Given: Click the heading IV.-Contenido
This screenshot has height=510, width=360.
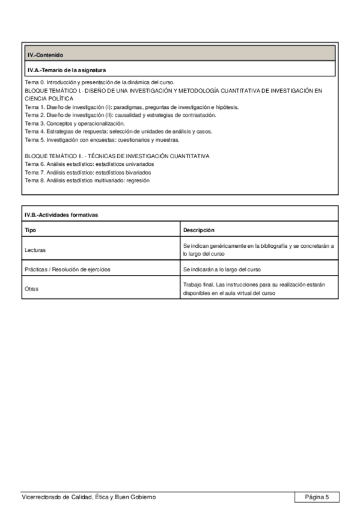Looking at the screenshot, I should point(45,55).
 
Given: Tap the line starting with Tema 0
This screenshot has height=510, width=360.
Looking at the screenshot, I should point(99,82).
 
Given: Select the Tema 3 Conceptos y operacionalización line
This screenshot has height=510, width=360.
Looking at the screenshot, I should point(75,123).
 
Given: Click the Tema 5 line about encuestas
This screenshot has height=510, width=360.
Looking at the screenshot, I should point(102,140).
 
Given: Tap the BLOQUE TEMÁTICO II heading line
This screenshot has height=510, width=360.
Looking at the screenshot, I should point(117,156).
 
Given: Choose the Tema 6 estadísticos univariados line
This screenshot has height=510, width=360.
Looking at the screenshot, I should point(89,164).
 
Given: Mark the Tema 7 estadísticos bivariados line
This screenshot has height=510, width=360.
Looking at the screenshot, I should point(88,172).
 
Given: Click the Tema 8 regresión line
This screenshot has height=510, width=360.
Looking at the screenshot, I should point(87,180).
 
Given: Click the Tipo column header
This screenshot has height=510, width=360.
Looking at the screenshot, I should point(30,230).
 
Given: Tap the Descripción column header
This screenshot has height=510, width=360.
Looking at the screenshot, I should point(199,230).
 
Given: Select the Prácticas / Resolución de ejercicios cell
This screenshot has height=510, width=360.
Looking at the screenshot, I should point(67,269).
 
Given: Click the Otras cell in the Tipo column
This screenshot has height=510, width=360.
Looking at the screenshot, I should point(32,289).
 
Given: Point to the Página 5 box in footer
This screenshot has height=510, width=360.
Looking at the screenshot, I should point(317,497).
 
